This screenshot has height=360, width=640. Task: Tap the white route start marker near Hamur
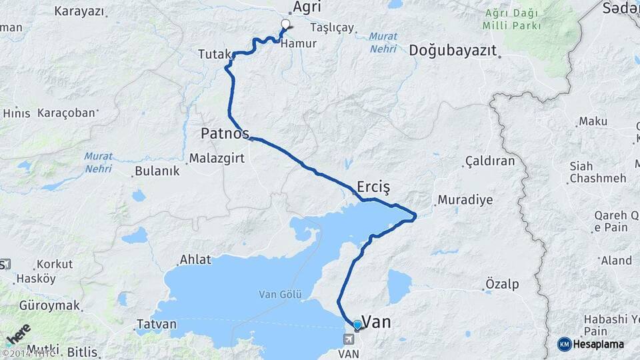pyautogui.click(x=286, y=25)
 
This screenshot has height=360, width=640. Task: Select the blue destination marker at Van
pyautogui.click(x=357, y=325)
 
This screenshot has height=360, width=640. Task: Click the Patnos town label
pyautogui.click(x=225, y=133)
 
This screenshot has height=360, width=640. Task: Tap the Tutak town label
pyautogui.click(x=214, y=55)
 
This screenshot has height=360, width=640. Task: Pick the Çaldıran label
pyautogui.click(x=490, y=162)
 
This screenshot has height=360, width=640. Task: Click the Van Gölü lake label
pyautogui.click(x=281, y=294)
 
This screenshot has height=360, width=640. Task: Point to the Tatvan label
pyautogui.click(x=157, y=325)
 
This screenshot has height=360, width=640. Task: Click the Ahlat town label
pyautogui.click(x=195, y=260)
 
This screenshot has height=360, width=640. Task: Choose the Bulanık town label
pyautogui.click(x=157, y=171)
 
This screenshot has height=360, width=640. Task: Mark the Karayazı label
pyautogui.click(x=80, y=11)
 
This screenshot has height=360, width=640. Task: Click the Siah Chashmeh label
pyautogui.click(x=597, y=172)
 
